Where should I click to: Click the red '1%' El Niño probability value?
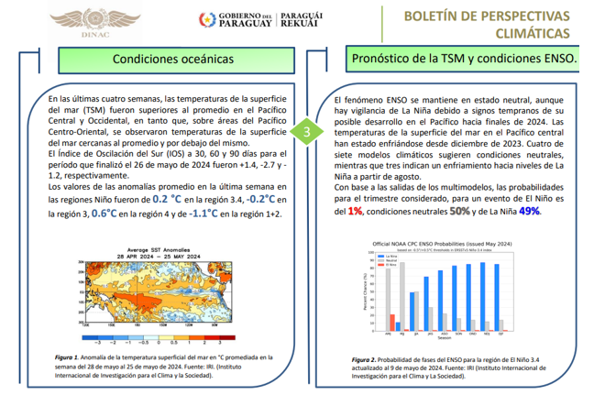pos(356,211)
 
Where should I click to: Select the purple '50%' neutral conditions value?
pos(460,211)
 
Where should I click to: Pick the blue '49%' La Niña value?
pos(530,211)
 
